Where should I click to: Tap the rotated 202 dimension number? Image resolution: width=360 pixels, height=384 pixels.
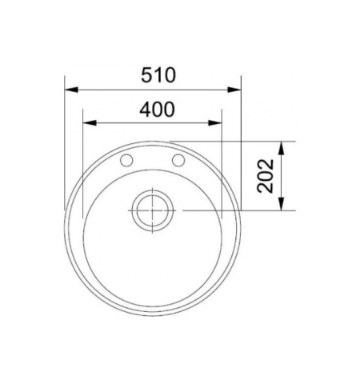click(266, 175)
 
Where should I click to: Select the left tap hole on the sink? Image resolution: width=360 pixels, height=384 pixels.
click(126, 161)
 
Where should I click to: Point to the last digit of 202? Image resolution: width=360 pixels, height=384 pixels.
click(266, 163)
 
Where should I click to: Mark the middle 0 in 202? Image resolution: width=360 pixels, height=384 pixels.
click(266, 175)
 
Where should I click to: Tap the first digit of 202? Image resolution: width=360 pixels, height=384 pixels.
click(266, 187)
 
